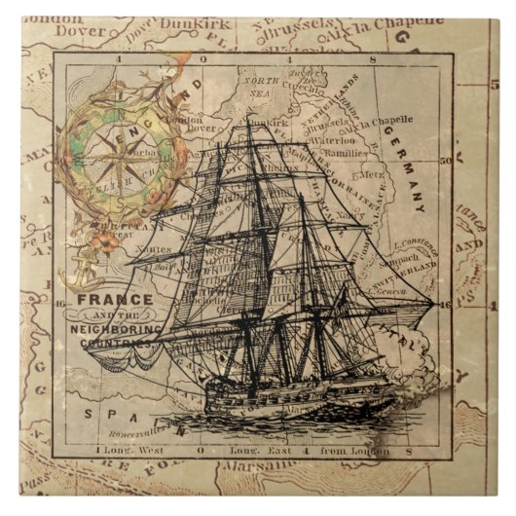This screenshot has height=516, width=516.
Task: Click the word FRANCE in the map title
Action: click(115, 300)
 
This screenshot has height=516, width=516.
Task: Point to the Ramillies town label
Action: click(345, 153)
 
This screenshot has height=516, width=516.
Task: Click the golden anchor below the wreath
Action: click(74, 272)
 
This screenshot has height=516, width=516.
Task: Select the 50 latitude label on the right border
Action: click(447, 162)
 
